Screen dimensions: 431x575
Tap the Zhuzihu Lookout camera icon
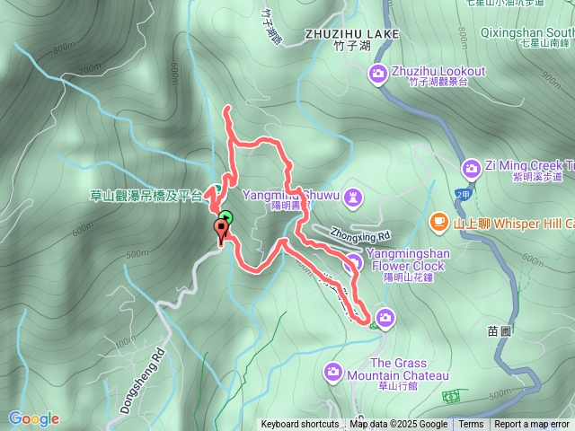point(379,72)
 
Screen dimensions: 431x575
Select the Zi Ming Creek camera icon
point(471,168)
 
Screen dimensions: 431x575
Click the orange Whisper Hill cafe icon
point(438,221)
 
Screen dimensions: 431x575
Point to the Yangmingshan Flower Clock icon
point(353,261)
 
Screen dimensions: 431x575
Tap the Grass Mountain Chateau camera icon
point(333,370)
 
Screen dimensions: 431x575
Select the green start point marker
point(226,217)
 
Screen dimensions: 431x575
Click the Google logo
point(34,418)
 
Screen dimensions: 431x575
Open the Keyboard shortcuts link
point(300,425)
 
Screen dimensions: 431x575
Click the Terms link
point(471,425)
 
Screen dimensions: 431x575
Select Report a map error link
point(533,425)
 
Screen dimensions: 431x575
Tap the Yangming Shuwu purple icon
point(353,195)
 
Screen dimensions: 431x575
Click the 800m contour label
point(65,47)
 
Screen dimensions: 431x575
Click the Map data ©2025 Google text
point(398,425)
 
